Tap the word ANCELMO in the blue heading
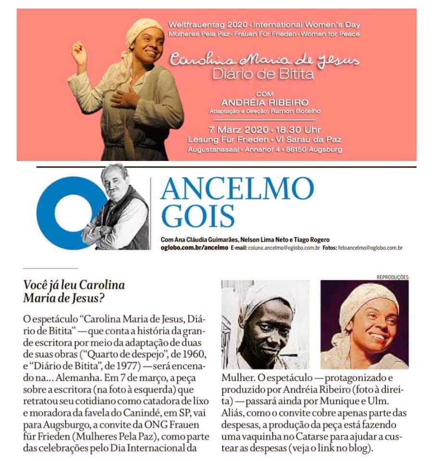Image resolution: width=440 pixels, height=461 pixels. click(x=237, y=189)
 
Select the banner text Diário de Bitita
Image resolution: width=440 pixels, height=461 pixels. click(x=265, y=75)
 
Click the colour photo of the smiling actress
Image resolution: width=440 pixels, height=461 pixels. click(x=364, y=324)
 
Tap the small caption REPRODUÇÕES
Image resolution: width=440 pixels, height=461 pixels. click(x=392, y=277)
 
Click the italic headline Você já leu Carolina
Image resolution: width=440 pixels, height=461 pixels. click(x=74, y=285)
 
